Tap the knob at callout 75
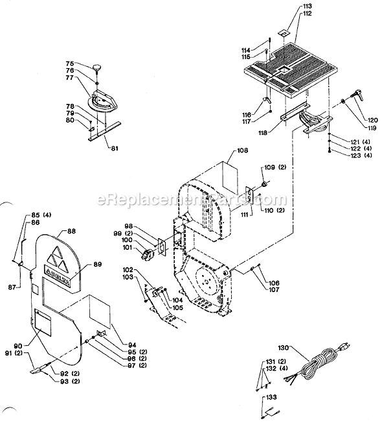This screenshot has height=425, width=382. click(x=98, y=67)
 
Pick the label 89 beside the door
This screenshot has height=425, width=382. click(x=98, y=264)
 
